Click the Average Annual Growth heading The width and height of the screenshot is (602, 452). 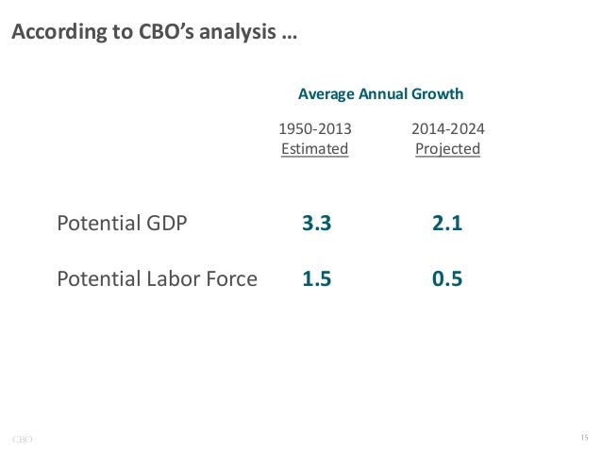tap(380, 94)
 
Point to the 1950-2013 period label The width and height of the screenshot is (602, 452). tap(315, 128)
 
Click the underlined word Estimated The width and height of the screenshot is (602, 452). tap(315, 149)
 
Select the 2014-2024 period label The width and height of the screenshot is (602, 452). tap(447, 128)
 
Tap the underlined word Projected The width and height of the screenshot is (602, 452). tap(447, 149)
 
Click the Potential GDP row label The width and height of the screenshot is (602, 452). tap(123, 224)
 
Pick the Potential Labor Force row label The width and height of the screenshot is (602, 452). tap(157, 278)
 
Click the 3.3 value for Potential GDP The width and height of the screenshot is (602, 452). tap(316, 224)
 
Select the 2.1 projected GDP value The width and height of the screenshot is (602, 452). tap(446, 224)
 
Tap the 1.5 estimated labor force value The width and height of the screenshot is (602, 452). tap(316, 278)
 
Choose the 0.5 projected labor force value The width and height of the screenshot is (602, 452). tap(446, 278)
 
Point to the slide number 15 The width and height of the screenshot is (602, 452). tap(583, 437)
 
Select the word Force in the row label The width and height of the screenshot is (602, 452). tap(232, 278)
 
